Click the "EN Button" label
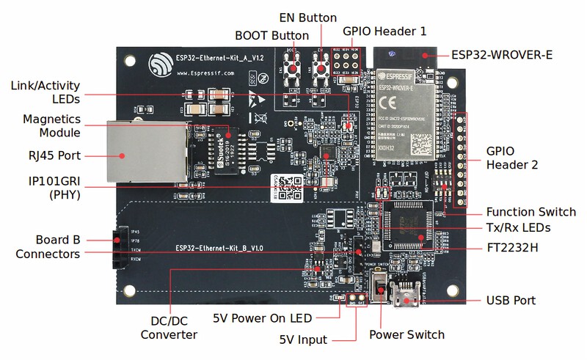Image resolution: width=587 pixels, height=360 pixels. [x=307, y=18]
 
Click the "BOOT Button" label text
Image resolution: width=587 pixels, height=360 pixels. [x=271, y=34]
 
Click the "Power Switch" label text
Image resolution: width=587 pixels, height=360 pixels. [x=406, y=334]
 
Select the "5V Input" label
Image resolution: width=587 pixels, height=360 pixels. [x=303, y=339]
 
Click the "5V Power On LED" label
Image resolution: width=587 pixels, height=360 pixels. [x=262, y=317]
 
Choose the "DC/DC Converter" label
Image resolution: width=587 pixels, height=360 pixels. [x=169, y=327]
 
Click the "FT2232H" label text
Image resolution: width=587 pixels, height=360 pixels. [x=513, y=248]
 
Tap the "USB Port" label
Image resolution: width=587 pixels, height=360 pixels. [x=511, y=301]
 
